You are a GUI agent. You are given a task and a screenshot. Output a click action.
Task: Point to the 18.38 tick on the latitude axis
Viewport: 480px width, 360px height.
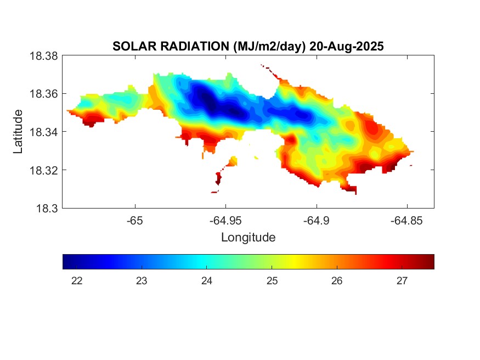click(x=43, y=56)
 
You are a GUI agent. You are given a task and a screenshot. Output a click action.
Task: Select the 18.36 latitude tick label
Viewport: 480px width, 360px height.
click(x=43, y=94)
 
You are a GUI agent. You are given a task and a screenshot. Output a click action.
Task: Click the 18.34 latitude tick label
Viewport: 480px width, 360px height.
click(x=43, y=132)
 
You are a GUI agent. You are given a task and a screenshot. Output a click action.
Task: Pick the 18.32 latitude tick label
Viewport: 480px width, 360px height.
click(x=43, y=170)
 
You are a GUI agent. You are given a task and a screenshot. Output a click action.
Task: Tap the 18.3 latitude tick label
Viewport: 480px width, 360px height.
click(x=46, y=208)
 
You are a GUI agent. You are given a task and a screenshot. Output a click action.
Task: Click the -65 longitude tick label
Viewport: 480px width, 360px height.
click(x=134, y=221)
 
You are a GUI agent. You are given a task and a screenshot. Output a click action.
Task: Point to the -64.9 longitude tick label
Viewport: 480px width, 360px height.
click(x=316, y=221)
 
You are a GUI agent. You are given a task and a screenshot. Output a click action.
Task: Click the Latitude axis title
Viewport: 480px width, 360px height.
click(x=19, y=132)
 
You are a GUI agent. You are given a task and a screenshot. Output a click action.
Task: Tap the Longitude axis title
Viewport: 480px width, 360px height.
click(x=248, y=238)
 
